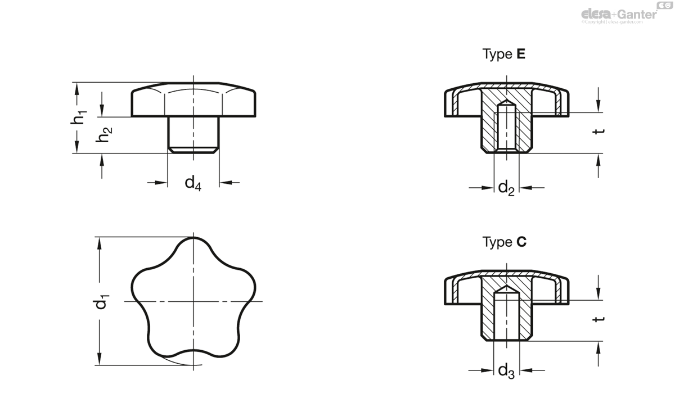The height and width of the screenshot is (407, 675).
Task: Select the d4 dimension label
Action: pyautogui.click(x=193, y=183)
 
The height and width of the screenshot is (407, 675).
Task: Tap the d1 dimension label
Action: pyautogui.click(x=102, y=302)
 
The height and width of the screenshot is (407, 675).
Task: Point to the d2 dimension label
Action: pyautogui.click(x=506, y=188)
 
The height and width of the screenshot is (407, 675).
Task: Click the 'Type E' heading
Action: pyautogui.click(x=505, y=55)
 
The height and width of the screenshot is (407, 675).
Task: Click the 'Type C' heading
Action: pyautogui.click(x=505, y=242)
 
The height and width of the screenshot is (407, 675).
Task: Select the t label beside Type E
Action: pyautogui.click(x=600, y=131)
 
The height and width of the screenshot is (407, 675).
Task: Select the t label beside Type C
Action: pyautogui.click(x=600, y=319)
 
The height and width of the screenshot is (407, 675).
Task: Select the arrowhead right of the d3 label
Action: pyautogui.click(x=525, y=370)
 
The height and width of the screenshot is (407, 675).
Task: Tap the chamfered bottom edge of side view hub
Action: pyautogui.click(x=193, y=151)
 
